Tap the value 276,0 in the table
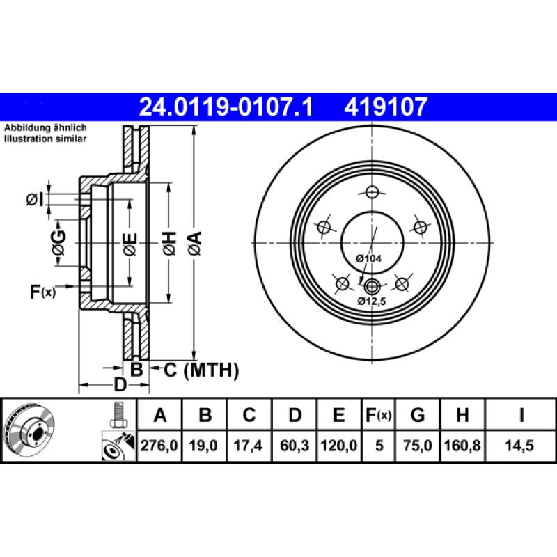point(160,446)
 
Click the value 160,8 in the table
point(462,446)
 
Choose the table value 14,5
point(521,446)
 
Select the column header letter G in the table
point(417,416)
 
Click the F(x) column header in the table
point(379,416)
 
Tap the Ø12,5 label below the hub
point(370,301)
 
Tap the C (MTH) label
point(201,370)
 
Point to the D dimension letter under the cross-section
point(120,385)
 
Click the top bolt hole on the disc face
point(373,193)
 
